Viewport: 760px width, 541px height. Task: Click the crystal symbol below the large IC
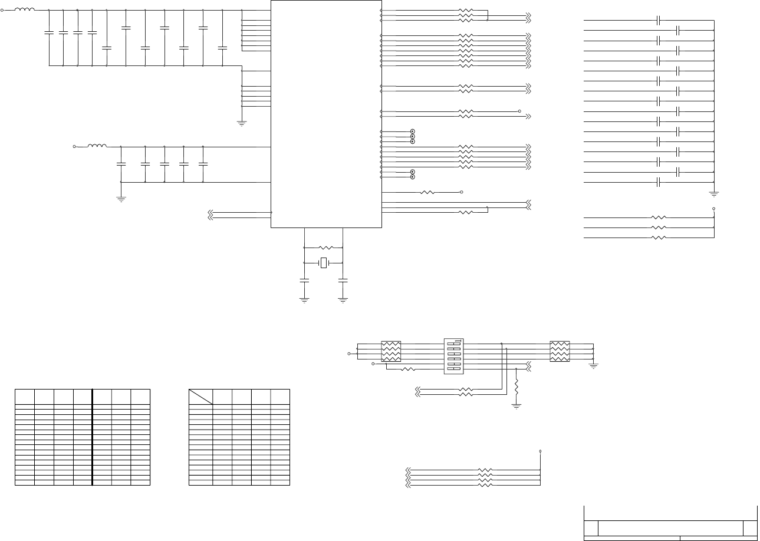[x=323, y=263]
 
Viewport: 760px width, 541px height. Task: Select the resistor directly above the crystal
[x=325, y=248]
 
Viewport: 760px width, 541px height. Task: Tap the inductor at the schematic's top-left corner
[x=24, y=10]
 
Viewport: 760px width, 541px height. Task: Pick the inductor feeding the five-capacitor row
[x=97, y=146]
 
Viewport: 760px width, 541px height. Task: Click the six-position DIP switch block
[x=453, y=356]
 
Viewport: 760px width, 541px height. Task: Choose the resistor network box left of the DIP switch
[x=391, y=352]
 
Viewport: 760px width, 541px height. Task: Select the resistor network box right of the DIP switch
[x=560, y=352]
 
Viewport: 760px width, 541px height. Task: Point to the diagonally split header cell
[x=200, y=397]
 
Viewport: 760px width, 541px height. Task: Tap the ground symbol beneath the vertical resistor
[x=516, y=406]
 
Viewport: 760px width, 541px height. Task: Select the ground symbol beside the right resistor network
[x=594, y=365]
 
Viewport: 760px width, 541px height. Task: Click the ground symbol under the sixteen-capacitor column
[x=714, y=193]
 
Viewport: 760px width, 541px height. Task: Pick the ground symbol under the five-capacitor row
[x=121, y=199]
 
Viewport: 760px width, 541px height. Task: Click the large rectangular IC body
[x=326, y=113]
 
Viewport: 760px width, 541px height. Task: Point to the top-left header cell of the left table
[x=25, y=397]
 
